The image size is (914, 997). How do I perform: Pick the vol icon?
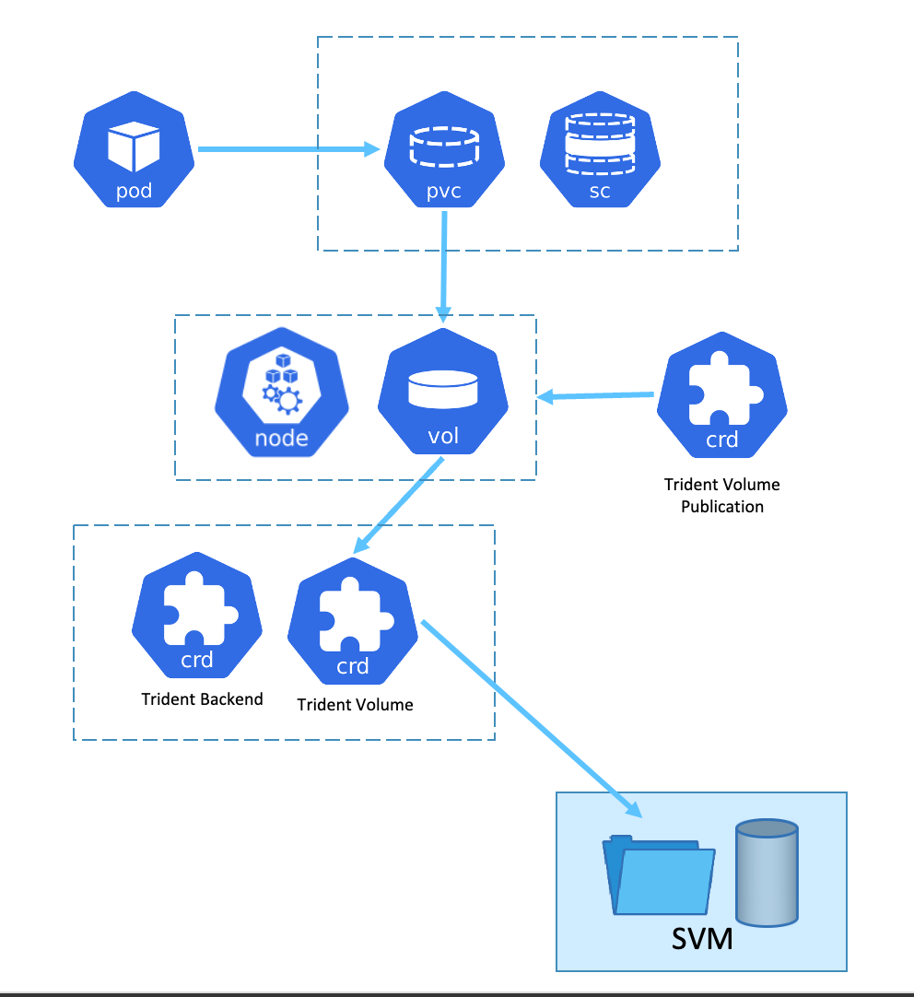coord(443,396)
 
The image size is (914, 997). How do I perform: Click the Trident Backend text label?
coord(202,699)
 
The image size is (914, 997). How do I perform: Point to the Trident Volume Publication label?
coord(722,496)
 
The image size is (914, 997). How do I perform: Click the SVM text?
coord(702,940)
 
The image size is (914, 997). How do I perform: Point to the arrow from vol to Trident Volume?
coord(398,506)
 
